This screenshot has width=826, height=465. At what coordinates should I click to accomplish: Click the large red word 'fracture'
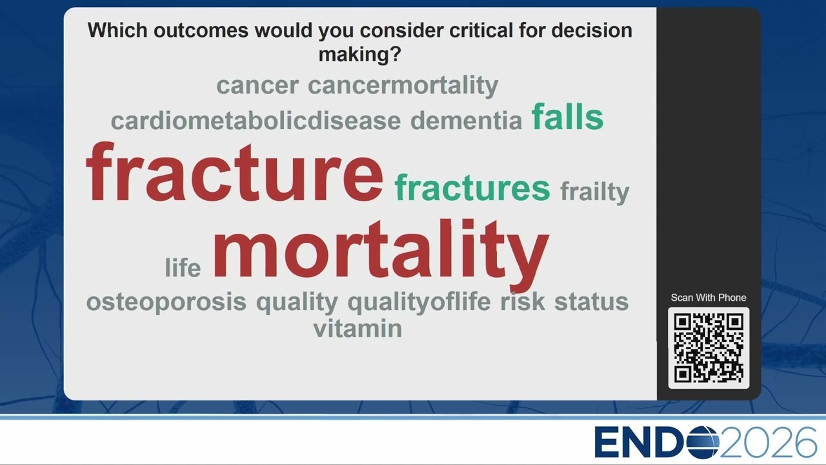[x=234, y=172]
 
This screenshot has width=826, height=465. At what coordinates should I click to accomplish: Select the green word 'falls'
[x=567, y=117]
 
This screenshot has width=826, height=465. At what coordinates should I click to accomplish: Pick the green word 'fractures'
[x=472, y=187]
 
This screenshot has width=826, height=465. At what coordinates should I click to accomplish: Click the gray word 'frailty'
[x=595, y=192]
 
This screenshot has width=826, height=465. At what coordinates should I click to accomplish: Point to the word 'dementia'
[x=466, y=120]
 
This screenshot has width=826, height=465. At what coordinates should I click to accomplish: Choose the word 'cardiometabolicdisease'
[x=256, y=120]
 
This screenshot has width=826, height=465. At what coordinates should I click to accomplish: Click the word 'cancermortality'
[x=403, y=86]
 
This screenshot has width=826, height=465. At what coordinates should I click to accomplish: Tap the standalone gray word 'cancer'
[x=257, y=86]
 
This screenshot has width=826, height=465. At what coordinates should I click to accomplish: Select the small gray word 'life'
[x=183, y=267]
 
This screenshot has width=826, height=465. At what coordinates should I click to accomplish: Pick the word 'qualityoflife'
[x=419, y=302]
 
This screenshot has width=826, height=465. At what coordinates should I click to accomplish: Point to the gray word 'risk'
[x=523, y=301]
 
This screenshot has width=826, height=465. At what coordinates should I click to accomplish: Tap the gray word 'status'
[x=592, y=302]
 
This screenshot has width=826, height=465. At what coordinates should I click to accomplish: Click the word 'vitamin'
[x=358, y=328]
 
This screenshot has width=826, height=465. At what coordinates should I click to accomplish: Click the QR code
[x=709, y=348]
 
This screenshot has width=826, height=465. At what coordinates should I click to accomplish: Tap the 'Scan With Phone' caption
[x=709, y=298]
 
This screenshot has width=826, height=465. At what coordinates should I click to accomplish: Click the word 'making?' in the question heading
[x=359, y=55]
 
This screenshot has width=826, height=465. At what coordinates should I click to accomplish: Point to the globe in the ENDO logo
[x=702, y=442]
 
